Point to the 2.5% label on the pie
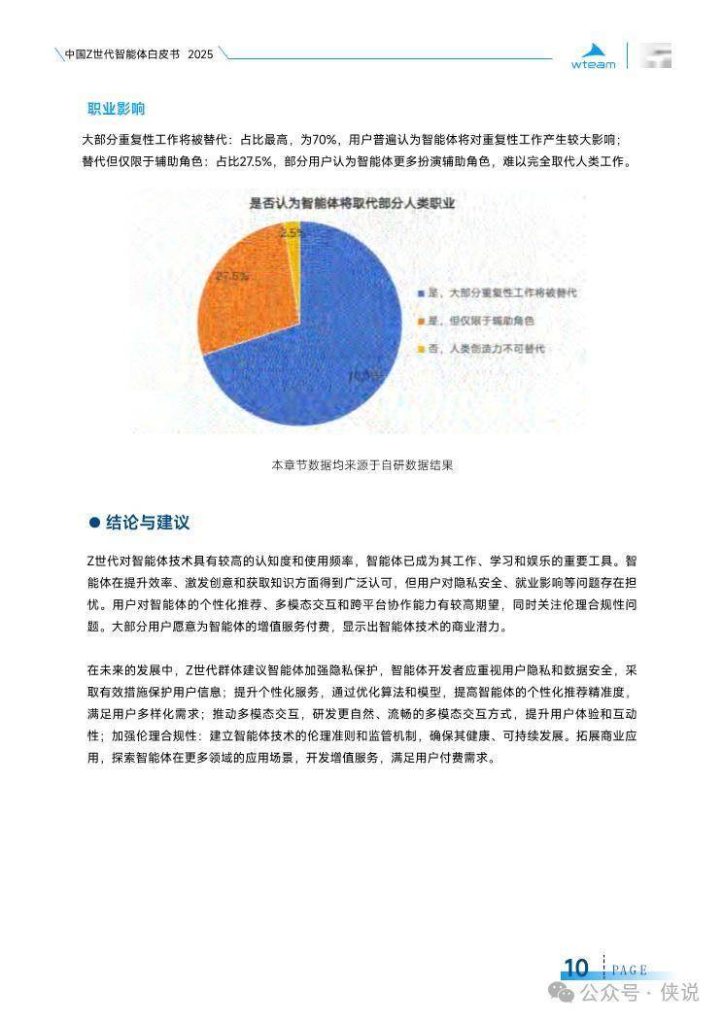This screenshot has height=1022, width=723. click(291, 233)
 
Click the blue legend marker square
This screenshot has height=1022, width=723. click(420, 292)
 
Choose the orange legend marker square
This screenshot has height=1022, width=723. click(420, 321)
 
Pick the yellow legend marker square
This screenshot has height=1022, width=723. click(420, 349)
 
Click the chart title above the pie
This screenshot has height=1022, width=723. click(353, 203)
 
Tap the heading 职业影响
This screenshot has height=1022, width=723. click(116, 108)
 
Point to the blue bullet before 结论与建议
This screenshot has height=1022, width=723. click(94, 523)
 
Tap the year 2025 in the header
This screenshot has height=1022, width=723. click(199, 52)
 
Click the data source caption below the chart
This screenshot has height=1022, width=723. click(361, 465)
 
